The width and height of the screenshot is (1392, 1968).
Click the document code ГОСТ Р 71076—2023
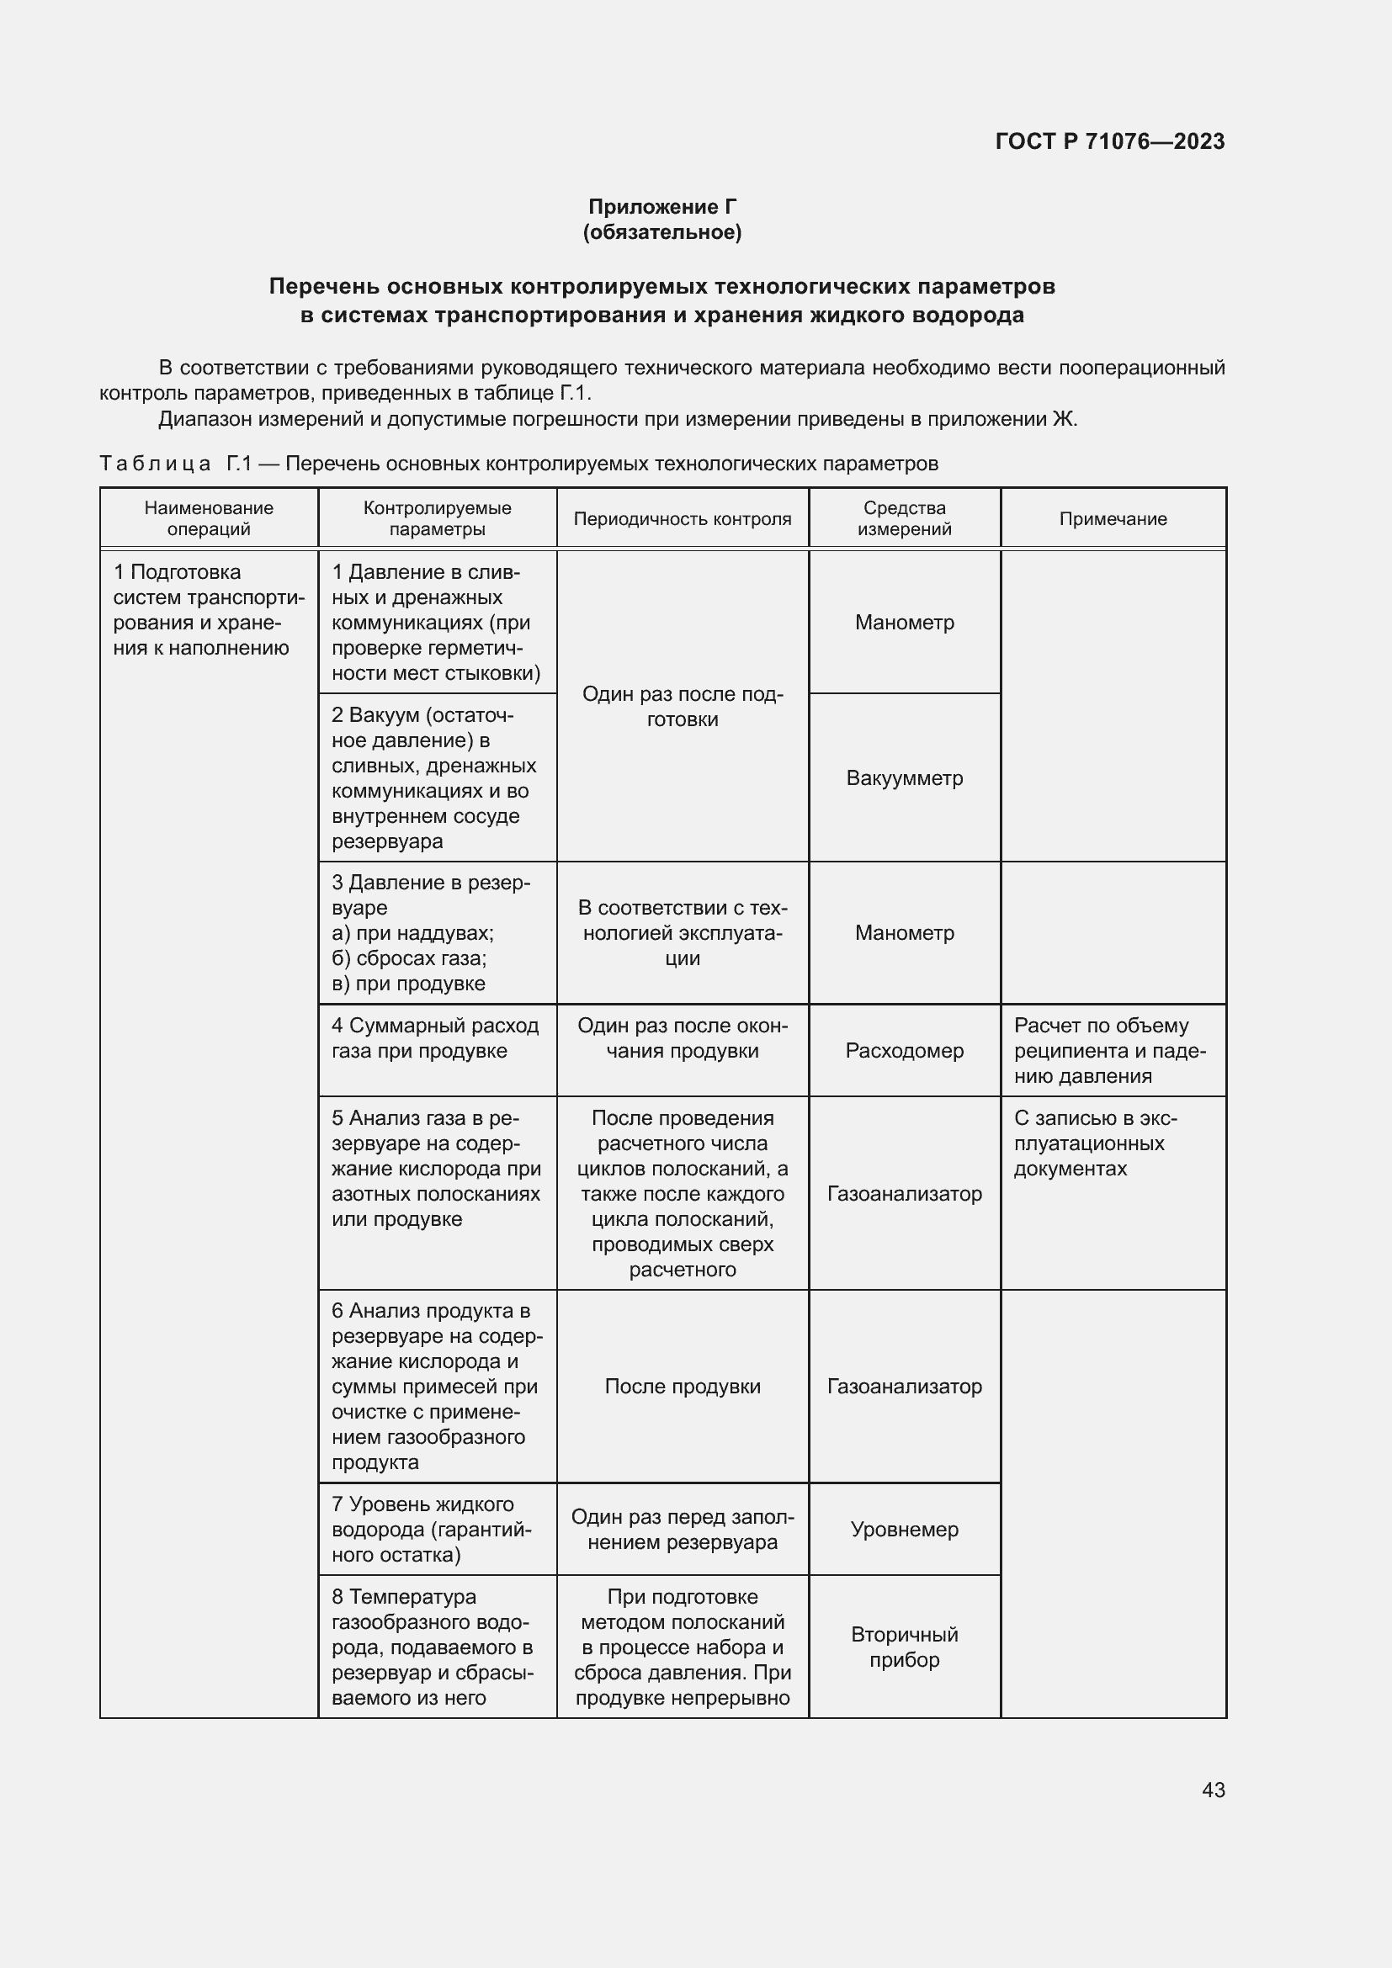coord(1109,141)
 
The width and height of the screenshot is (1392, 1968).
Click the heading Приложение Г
coord(661,207)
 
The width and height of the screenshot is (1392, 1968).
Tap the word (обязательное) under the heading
coord(661,232)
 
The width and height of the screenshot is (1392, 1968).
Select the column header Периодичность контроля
coord(683,518)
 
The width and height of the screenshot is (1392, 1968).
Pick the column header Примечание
coord(1113,518)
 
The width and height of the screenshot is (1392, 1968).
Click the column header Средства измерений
coord(904,518)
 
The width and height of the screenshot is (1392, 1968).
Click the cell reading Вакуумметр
coord(904,778)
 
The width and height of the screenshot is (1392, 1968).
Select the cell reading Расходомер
coord(904,1051)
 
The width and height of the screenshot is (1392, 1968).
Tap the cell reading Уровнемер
coord(904,1529)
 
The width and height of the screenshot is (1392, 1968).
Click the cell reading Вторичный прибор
coord(904,1647)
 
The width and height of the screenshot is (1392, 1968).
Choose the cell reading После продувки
coord(683,1387)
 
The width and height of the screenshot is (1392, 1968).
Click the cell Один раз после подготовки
coord(683,706)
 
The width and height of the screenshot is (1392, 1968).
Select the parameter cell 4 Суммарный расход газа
coord(435,1038)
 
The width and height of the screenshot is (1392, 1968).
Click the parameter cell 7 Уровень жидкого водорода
coord(435,1529)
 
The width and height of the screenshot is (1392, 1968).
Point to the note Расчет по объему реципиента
coord(1110,1051)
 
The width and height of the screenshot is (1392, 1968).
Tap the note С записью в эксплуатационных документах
coord(1096,1143)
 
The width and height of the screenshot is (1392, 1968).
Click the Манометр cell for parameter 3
coord(904,932)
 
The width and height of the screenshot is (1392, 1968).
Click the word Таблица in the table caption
coord(155,464)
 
